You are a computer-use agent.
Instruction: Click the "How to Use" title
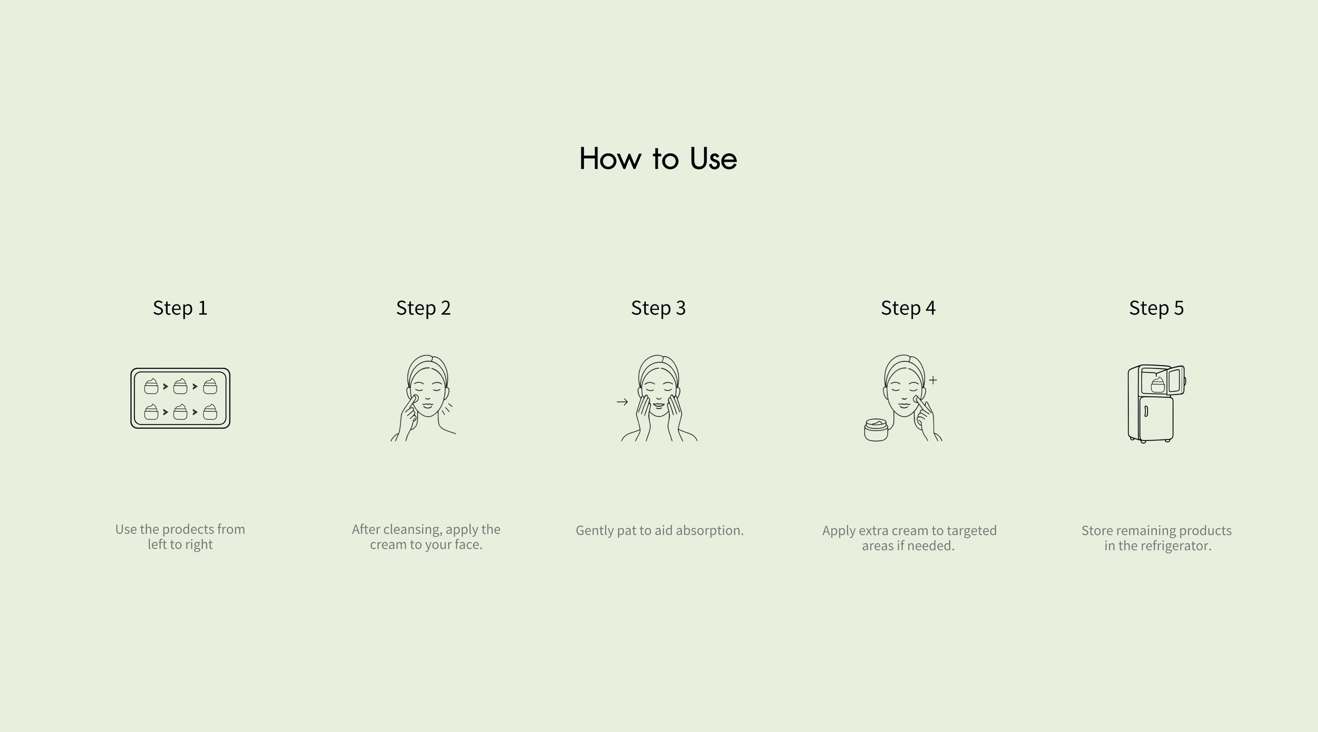(x=658, y=159)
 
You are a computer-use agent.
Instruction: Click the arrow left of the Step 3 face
(x=622, y=402)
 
